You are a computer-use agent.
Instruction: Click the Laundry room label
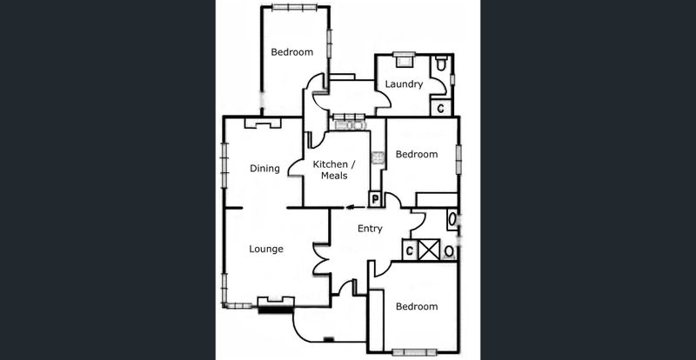click(405, 84)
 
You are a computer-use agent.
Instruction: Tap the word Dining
click(264, 169)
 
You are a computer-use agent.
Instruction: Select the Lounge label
click(266, 249)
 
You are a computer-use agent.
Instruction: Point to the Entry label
click(370, 229)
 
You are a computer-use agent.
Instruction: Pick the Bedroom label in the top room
click(291, 52)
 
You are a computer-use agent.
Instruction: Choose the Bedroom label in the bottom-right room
click(416, 306)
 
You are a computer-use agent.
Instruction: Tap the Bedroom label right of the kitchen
click(417, 154)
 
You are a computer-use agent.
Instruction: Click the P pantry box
click(375, 199)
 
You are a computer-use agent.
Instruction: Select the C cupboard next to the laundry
click(441, 108)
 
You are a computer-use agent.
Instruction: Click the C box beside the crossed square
click(408, 250)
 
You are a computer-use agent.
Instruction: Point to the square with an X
click(428, 250)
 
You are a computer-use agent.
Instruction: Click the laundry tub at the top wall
click(403, 58)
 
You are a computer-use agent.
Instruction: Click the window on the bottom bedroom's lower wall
click(414, 352)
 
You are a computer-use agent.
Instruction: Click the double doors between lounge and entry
click(321, 260)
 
